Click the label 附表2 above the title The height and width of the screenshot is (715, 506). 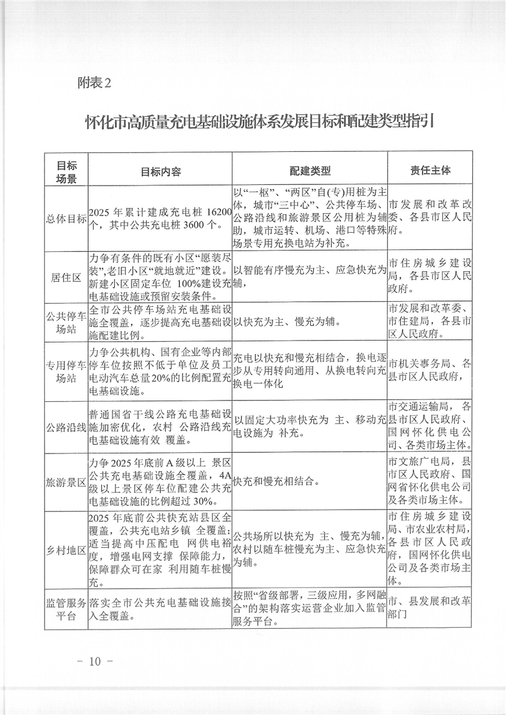coord(94,82)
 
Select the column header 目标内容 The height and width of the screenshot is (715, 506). coord(161,172)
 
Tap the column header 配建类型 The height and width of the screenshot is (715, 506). coord(309,171)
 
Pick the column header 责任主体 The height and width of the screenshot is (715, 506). coord(430,171)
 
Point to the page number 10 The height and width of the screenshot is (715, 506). coord(95,661)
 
